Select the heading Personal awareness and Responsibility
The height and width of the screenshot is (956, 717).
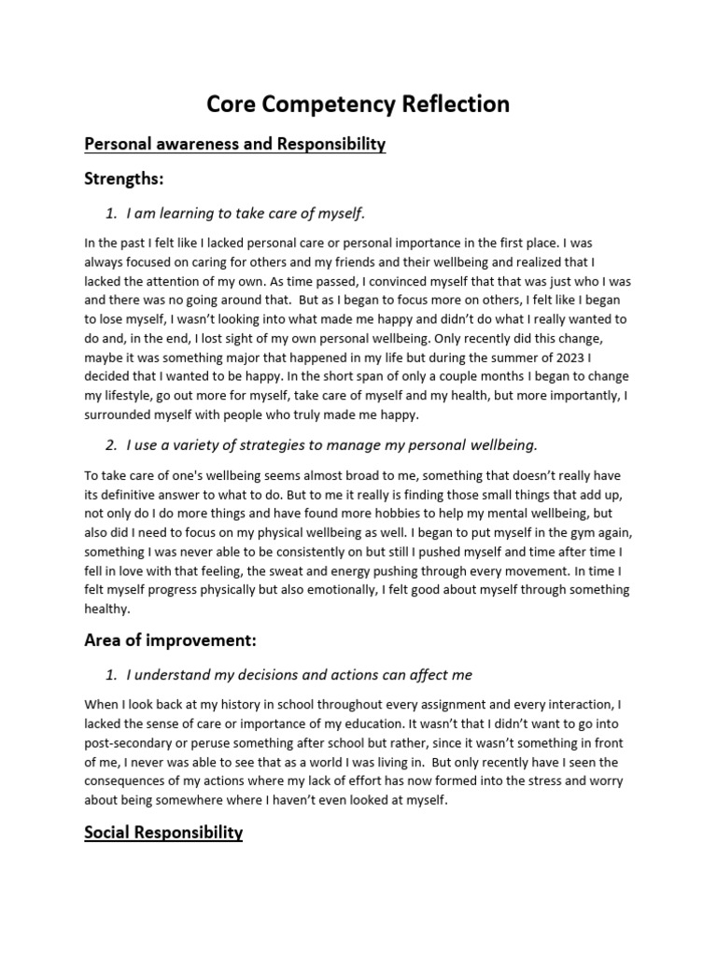(234, 144)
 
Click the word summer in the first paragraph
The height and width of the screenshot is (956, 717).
(497, 357)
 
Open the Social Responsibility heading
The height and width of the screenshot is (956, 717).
(163, 832)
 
